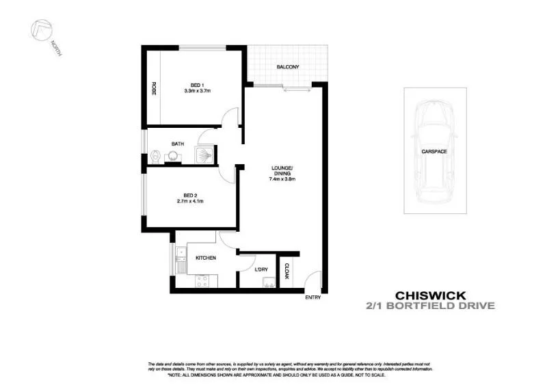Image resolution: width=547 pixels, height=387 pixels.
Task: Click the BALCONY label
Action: (x=288, y=67)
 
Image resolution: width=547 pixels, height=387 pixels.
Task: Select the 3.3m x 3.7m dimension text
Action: (x=197, y=91)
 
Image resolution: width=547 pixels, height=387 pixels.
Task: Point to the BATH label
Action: (x=178, y=144)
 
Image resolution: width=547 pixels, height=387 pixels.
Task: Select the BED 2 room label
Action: (x=191, y=194)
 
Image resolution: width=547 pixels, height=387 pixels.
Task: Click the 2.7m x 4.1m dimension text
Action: (x=191, y=201)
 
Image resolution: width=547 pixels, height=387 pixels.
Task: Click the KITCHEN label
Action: (x=206, y=258)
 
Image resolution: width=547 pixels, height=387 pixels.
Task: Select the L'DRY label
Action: (x=260, y=270)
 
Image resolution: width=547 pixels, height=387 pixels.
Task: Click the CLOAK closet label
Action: (x=286, y=271)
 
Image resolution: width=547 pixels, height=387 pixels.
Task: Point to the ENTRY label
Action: (x=312, y=297)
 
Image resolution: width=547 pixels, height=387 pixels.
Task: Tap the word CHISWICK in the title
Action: (x=429, y=295)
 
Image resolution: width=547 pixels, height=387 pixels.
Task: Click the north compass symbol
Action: (x=42, y=31)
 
